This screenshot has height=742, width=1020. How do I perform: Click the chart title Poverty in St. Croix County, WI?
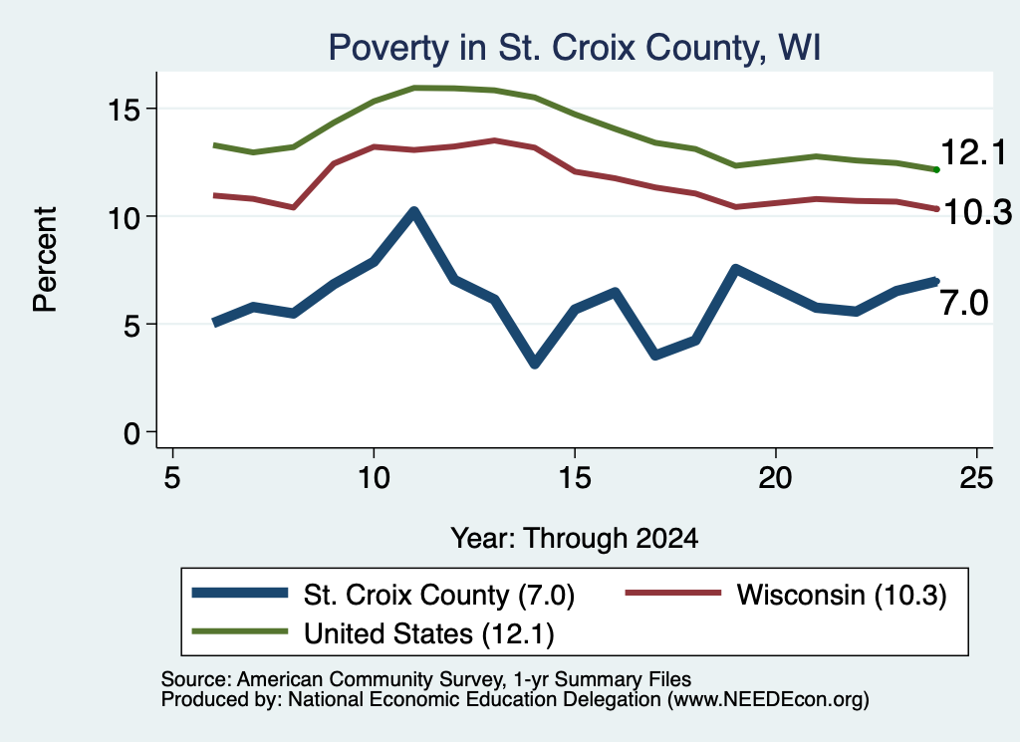tap(574, 48)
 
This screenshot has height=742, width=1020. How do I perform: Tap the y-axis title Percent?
tap(45, 260)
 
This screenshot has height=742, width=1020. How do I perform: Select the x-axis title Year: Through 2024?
tap(575, 539)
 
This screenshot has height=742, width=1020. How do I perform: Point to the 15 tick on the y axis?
tap(125, 110)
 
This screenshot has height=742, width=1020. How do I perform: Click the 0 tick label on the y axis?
tap(132, 433)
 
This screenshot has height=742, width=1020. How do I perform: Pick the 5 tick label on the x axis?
tap(171, 478)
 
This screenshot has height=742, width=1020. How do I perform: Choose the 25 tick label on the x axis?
tap(976, 478)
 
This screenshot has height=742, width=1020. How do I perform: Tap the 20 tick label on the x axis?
tap(775, 478)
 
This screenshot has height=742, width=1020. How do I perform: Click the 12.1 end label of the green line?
tap(973, 152)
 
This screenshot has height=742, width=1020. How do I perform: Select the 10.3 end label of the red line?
tap(977, 212)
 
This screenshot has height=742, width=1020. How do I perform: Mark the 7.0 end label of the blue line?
tap(964, 303)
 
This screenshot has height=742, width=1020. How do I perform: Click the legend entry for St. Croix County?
tap(383, 595)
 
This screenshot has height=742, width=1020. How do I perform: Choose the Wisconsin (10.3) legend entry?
tap(786, 595)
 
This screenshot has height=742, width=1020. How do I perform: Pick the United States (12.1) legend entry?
tap(373, 633)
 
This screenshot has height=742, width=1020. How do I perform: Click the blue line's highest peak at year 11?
tap(413, 211)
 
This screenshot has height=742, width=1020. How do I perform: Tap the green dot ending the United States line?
tap(936, 169)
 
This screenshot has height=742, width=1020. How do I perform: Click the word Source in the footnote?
tap(193, 679)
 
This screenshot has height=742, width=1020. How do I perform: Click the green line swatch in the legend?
tap(239, 631)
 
